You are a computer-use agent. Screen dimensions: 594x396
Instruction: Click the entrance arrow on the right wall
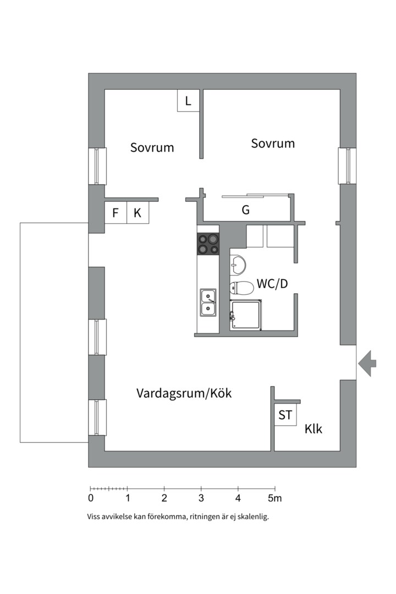367,363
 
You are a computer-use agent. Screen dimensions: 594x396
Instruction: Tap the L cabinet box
188,101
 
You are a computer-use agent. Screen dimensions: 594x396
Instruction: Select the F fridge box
116,213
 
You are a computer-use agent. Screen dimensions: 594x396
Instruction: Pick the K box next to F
137,213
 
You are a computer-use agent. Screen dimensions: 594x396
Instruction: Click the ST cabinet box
285,415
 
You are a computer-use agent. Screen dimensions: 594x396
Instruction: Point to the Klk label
313,430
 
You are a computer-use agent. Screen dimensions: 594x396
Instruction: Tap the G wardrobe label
245,210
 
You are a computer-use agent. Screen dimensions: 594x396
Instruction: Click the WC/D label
272,284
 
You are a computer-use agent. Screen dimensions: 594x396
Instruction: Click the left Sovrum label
152,147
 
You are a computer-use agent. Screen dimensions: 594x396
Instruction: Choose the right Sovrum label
273,144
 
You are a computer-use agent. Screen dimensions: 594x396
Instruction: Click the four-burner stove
208,244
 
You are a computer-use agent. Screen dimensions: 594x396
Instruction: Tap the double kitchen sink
208,302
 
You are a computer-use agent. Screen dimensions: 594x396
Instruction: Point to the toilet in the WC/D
240,287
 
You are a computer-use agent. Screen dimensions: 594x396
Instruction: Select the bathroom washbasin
238,265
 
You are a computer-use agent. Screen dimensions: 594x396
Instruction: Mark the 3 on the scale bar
201,498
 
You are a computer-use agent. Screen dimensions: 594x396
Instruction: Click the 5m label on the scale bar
275,498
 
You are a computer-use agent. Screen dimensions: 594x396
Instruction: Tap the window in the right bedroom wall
347,166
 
